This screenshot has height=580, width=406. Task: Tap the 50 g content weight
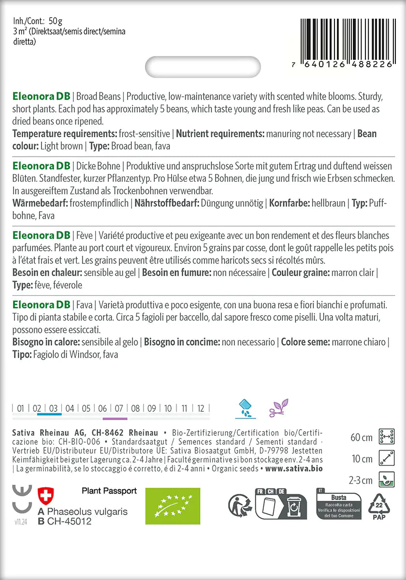pyautogui.click(x=55, y=21)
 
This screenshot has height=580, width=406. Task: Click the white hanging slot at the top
pyautogui.click(x=203, y=67)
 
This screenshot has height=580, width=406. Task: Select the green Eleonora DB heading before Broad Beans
pyautogui.click(x=41, y=95)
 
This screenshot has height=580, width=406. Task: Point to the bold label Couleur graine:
pyautogui.click(x=301, y=273)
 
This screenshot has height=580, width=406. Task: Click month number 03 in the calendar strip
pyautogui.click(x=54, y=408)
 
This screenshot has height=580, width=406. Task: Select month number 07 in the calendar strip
pyautogui.click(x=119, y=408)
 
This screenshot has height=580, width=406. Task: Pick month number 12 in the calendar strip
pyautogui.click(x=201, y=408)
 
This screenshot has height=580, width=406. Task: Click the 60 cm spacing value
pyautogui.click(x=362, y=438)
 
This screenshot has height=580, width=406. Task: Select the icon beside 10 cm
pyautogui.click(x=388, y=458)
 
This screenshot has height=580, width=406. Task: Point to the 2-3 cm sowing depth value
pyautogui.click(x=361, y=480)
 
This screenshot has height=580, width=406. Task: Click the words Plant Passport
pyautogui.click(x=109, y=491)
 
